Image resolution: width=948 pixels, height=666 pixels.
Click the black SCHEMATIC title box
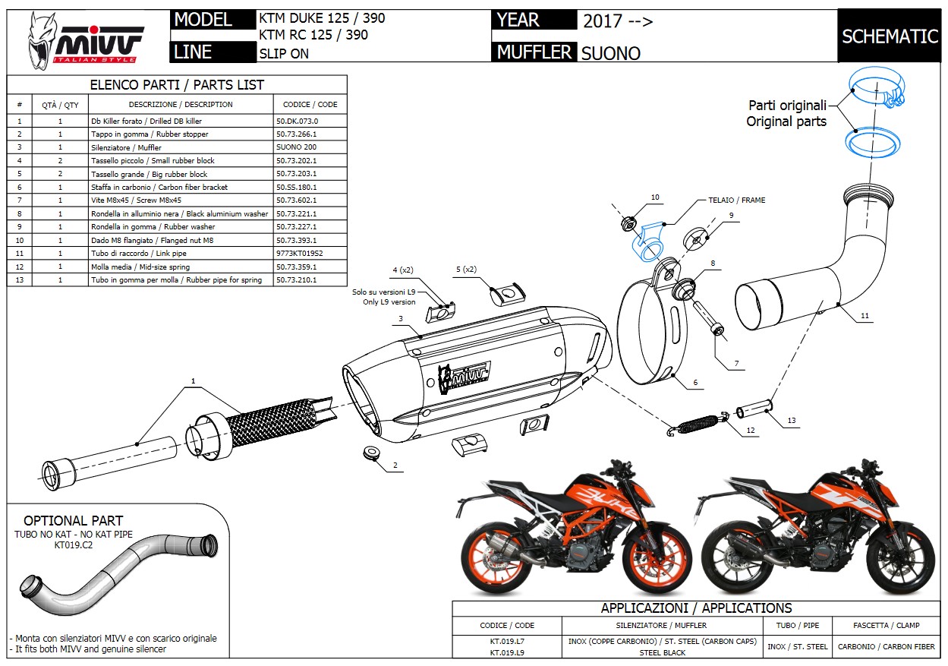coord(890,36)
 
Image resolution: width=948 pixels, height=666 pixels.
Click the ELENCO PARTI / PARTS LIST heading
coord(177,85)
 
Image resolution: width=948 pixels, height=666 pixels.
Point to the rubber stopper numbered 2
coord(370,453)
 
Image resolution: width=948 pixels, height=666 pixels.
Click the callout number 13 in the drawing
coord(792,420)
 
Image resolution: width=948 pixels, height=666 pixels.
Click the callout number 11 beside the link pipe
coord(865,315)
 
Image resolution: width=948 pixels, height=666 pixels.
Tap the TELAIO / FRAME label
coord(737,200)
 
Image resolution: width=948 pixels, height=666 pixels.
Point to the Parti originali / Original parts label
coord(786,114)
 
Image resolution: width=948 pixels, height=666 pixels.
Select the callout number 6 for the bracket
coord(694,384)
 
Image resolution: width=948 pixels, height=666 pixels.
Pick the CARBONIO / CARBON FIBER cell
coord(886,647)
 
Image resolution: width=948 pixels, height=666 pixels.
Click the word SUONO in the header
coord(611,53)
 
